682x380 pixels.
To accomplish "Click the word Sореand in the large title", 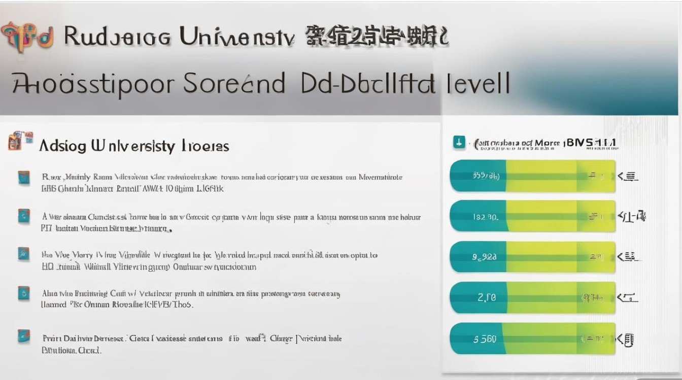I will [234, 84].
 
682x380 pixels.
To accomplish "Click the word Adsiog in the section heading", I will [62, 146].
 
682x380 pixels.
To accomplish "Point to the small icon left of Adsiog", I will [20, 141].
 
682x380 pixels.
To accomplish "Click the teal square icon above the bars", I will [459, 143].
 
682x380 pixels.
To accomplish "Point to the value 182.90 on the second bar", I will [486, 217].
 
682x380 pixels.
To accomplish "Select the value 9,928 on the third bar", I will [485, 257].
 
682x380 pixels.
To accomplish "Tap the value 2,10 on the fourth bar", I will [487, 297].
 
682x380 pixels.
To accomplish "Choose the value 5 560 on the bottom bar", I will [485, 339].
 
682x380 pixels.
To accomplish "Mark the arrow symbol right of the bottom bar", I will [627, 339].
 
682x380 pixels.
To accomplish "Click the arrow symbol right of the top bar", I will [628, 176].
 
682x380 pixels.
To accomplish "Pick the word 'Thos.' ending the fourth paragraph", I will [183, 305].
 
